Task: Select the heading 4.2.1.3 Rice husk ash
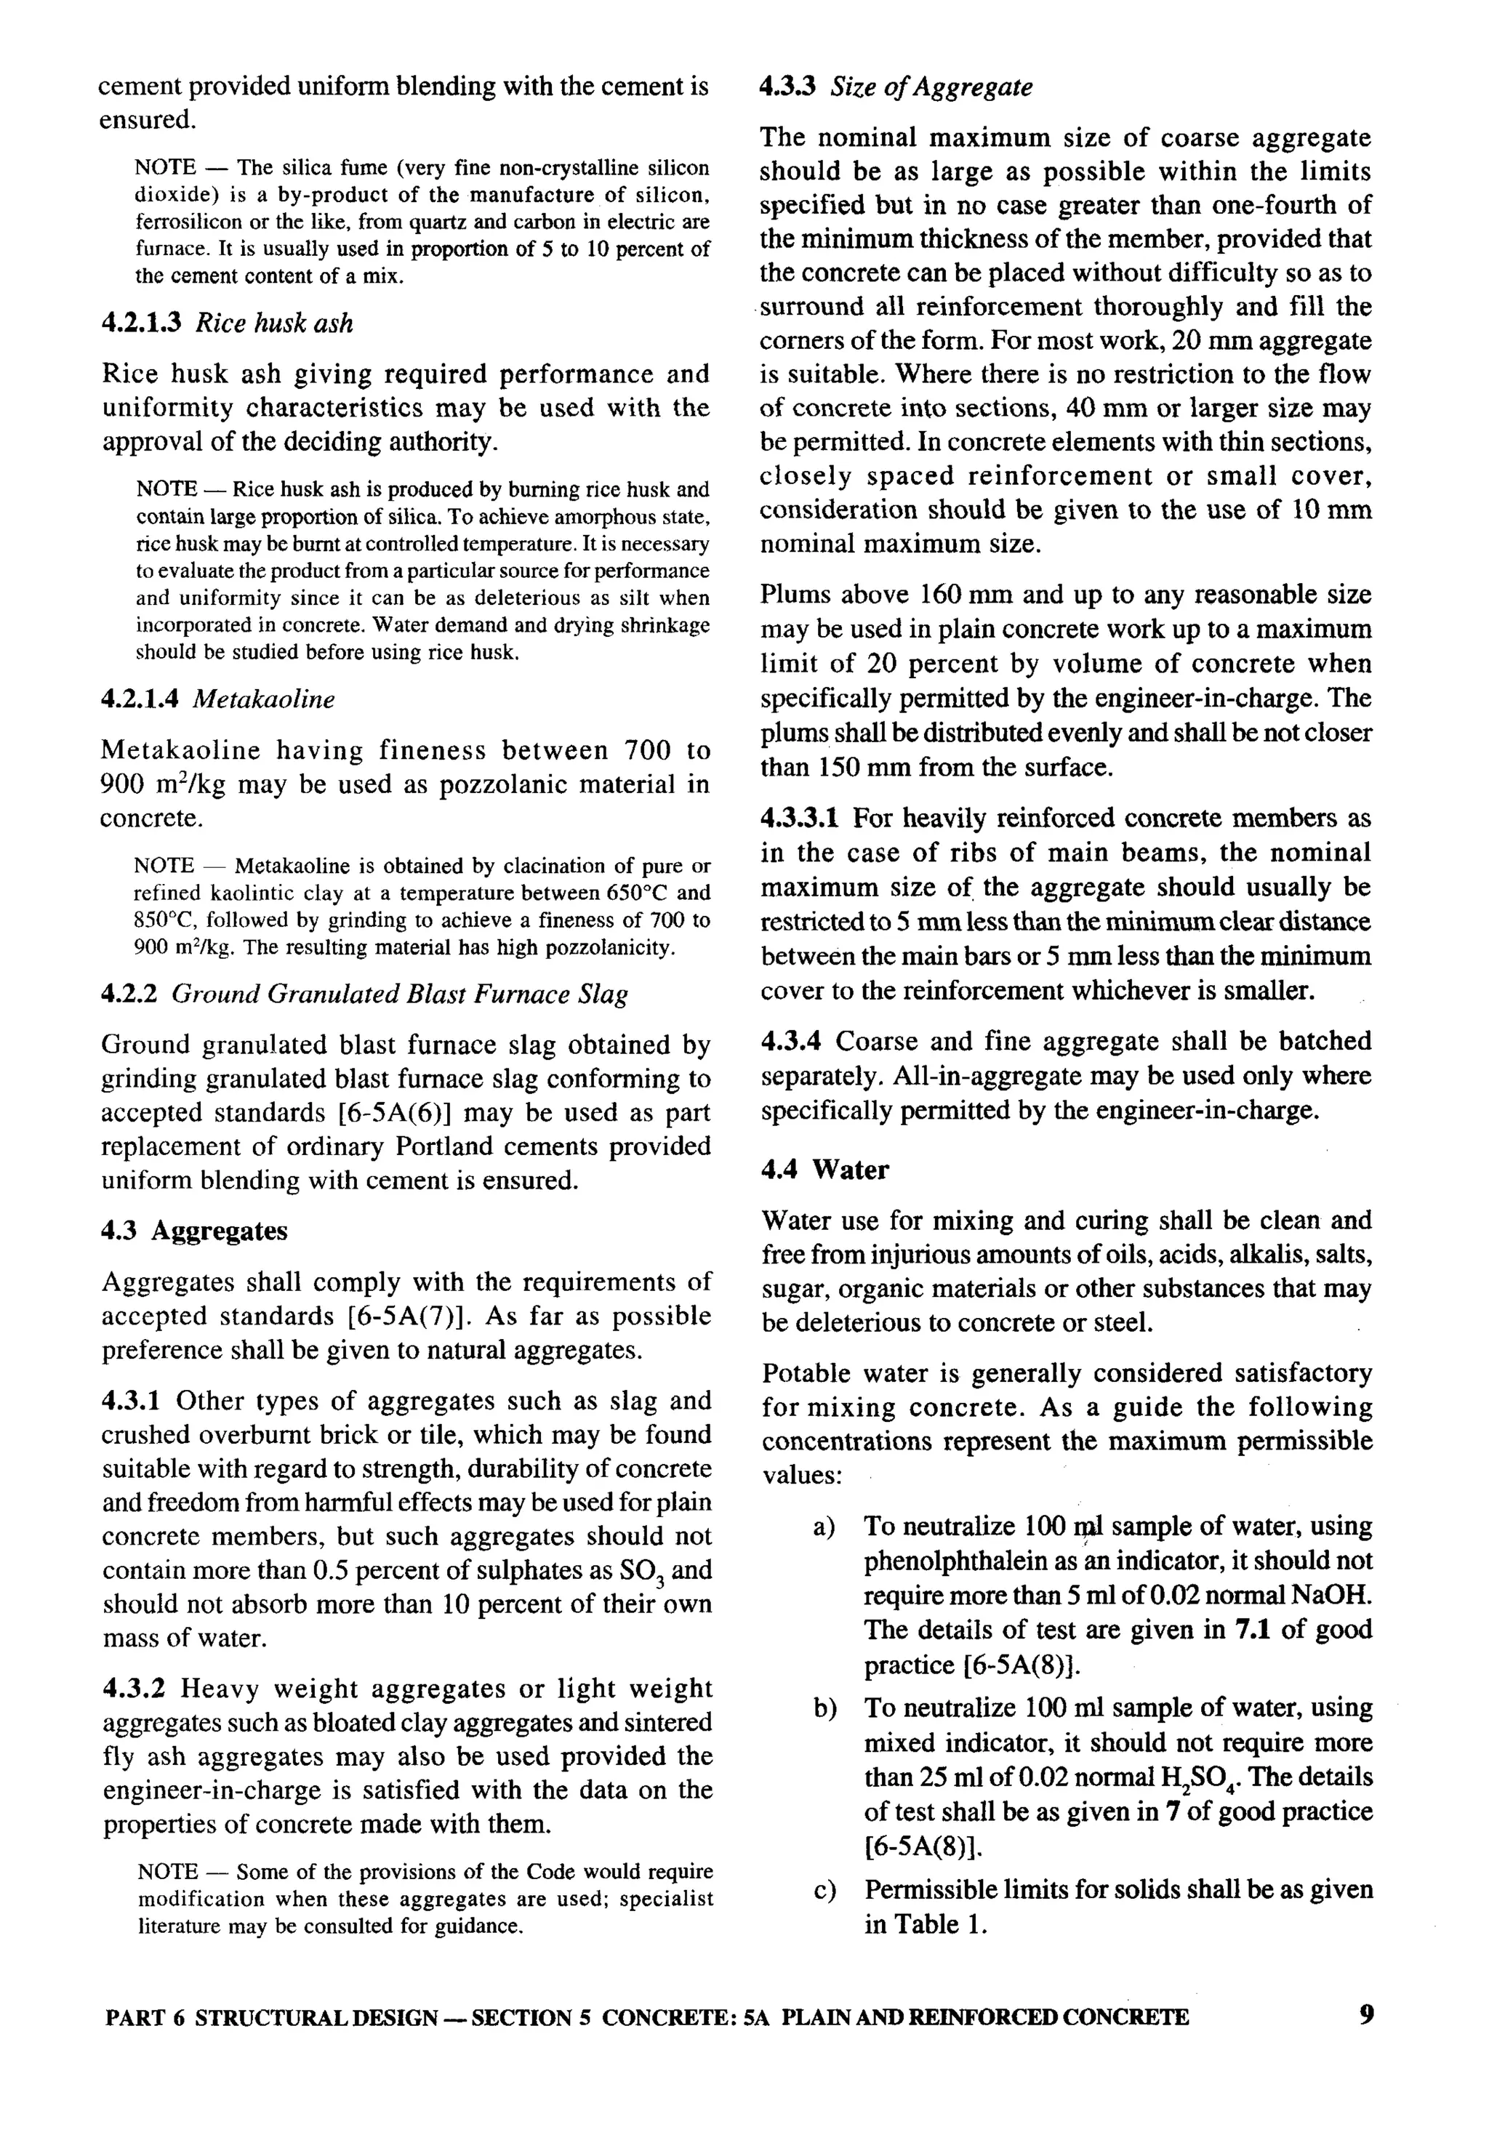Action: (x=227, y=323)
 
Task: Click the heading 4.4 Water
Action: (x=824, y=1170)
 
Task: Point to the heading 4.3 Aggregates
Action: (x=194, y=1231)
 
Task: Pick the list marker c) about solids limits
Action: (x=823, y=1889)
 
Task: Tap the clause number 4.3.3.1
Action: (x=800, y=819)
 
